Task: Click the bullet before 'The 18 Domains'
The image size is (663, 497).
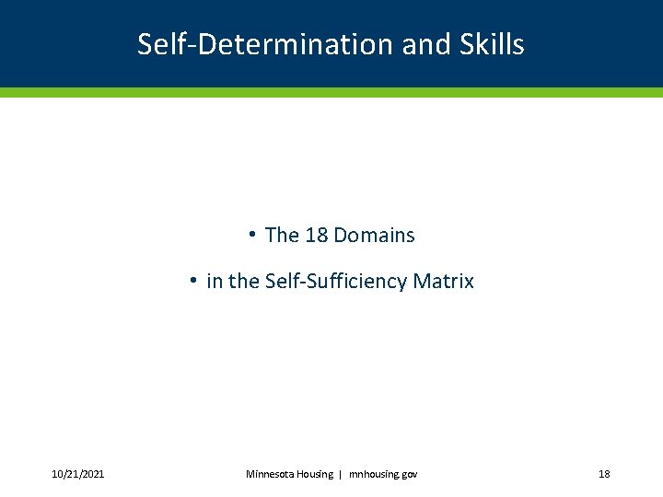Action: [250, 234]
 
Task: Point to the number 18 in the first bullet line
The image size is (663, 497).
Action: [316, 236]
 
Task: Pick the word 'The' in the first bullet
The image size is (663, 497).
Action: [282, 236]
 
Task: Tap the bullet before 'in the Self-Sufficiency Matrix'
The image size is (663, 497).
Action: [193, 280]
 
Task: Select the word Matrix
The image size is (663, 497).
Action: [444, 282]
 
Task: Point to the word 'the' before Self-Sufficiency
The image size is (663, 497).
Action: [244, 282]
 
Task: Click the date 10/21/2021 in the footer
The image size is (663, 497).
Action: [77, 474]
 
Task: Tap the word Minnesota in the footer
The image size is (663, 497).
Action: [271, 474]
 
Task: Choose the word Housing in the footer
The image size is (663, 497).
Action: [317, 474]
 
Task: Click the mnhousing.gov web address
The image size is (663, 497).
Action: [383, 474]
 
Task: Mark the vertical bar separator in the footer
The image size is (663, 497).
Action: [341, 474]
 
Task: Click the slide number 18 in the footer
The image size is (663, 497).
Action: [604, 474]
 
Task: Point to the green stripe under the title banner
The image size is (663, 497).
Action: [331, 92]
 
